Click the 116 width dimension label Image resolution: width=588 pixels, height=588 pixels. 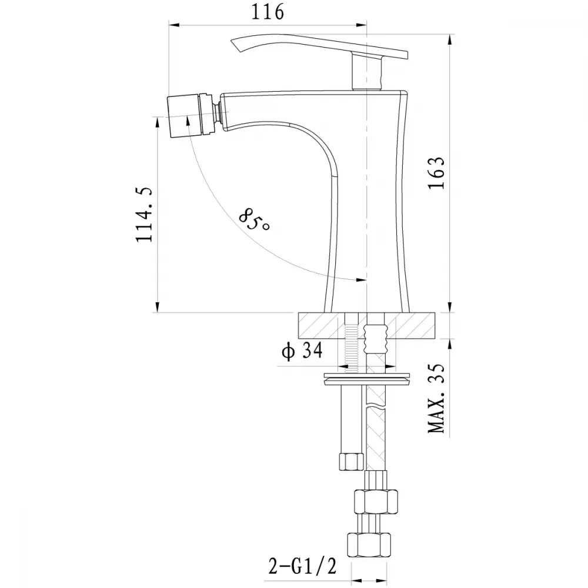click(x=267, y=12)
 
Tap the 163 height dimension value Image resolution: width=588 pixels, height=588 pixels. click(x=436, y=173)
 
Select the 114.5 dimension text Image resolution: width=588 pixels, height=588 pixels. click(x=144, y=215)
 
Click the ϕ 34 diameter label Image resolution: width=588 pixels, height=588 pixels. click(x=302, y=352)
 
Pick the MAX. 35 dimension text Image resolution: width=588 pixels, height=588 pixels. click(x=436, y=398)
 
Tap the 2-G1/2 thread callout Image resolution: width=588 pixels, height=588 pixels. click(x=302, y=566)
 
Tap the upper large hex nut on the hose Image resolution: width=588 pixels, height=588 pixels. click(x=376, y=501)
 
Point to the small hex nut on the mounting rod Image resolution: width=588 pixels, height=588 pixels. click(x=351, y=461)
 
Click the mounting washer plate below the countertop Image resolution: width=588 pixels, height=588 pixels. click(x=367, y=379)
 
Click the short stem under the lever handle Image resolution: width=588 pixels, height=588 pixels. click(x=367, y=71)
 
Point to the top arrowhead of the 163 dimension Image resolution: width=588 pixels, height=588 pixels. click(x=450, y=39)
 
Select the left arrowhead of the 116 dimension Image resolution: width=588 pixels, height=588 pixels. click(x=175, y=25)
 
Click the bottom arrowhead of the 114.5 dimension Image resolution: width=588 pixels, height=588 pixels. click(x=158, y=307)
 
